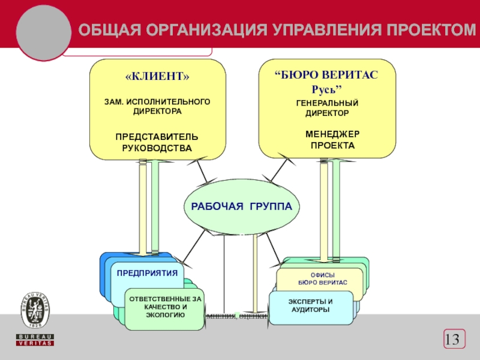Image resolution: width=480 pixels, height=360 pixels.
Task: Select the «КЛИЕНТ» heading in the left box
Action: (157, 77)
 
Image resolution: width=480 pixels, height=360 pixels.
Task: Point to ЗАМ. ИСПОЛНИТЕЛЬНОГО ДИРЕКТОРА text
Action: (157, 107)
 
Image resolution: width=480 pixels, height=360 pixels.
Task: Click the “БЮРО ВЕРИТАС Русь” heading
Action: (326, 82)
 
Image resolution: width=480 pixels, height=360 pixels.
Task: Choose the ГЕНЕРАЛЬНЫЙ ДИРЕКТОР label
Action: (327, 108)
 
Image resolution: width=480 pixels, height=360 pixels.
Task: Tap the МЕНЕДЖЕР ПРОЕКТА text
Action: (332, 140)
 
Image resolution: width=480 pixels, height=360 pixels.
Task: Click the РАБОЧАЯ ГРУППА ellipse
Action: (241, 206)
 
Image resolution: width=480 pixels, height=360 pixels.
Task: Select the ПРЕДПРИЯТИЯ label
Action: (147, 273)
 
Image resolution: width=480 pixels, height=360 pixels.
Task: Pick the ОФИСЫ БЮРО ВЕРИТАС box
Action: (322, 278)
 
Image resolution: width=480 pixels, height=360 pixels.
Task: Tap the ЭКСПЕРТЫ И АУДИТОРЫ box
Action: (310, 305)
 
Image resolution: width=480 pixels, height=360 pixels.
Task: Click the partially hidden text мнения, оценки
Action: (236, 316)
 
